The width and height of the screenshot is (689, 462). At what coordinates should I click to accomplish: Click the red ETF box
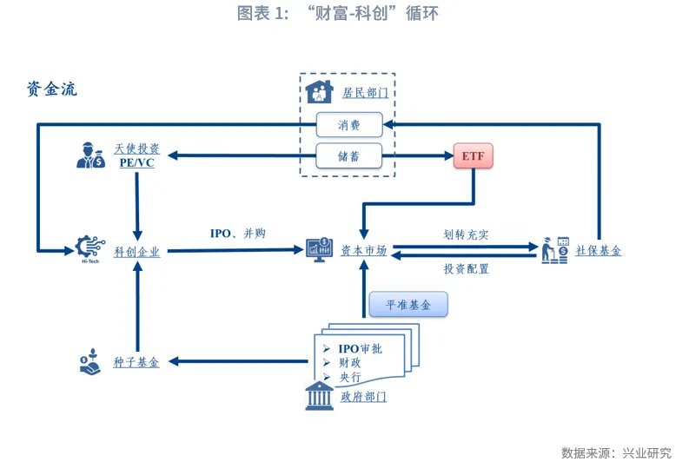point(474,157)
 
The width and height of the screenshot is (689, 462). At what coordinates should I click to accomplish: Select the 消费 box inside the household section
point(348,125)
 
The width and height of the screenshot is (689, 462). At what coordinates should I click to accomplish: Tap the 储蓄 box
point(348,157)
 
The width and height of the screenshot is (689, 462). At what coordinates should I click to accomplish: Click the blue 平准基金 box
point(408,305)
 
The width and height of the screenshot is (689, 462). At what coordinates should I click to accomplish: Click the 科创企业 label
point(137,252)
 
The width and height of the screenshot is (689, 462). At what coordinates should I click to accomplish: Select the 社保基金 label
point(599,251)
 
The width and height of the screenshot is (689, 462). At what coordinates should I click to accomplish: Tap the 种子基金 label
point(136,362)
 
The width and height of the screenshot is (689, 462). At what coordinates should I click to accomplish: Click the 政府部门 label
point(363,397)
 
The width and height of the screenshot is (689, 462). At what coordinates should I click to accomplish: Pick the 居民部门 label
point(365,92)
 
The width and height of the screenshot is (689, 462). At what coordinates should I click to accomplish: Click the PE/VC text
point(136,163)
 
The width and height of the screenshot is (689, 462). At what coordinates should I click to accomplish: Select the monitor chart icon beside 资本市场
point(319,250)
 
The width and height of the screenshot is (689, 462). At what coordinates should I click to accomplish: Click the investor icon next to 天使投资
point(89,155)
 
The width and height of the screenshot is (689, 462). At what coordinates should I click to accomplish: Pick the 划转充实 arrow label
point(466,234)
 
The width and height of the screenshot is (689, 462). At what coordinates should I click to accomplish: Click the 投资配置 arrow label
point(466,269)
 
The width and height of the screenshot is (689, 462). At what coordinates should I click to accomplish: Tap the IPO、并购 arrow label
point(237,234)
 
